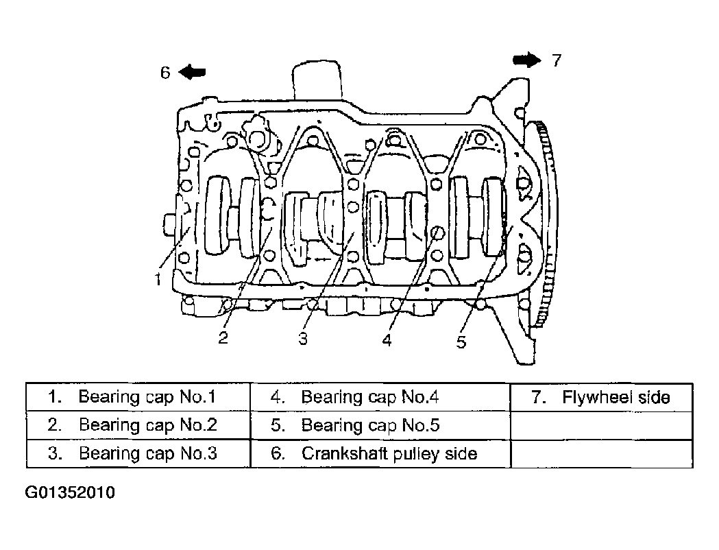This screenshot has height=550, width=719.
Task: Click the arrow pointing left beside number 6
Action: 192,72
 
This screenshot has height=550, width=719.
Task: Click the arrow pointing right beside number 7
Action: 527,60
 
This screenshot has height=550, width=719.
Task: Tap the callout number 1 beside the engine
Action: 158,279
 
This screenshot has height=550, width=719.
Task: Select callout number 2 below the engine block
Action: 223,337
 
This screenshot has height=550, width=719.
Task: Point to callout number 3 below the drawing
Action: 303,339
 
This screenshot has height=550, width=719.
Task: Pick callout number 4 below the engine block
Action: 387,340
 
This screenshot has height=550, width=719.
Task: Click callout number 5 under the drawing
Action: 461,342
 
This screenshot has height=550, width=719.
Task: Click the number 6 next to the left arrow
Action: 165,73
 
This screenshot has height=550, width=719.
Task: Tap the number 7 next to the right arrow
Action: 557,60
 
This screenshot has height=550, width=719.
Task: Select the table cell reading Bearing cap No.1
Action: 138,397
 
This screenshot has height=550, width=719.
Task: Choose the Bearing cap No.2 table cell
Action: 138,425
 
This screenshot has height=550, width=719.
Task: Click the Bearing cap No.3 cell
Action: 138,454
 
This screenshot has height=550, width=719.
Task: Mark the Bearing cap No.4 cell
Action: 380,397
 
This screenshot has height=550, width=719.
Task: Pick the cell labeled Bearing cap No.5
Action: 380,425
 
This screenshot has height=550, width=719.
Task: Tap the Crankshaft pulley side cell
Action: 380,454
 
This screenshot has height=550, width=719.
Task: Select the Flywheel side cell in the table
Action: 601,397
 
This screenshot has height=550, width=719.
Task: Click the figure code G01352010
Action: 70,492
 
